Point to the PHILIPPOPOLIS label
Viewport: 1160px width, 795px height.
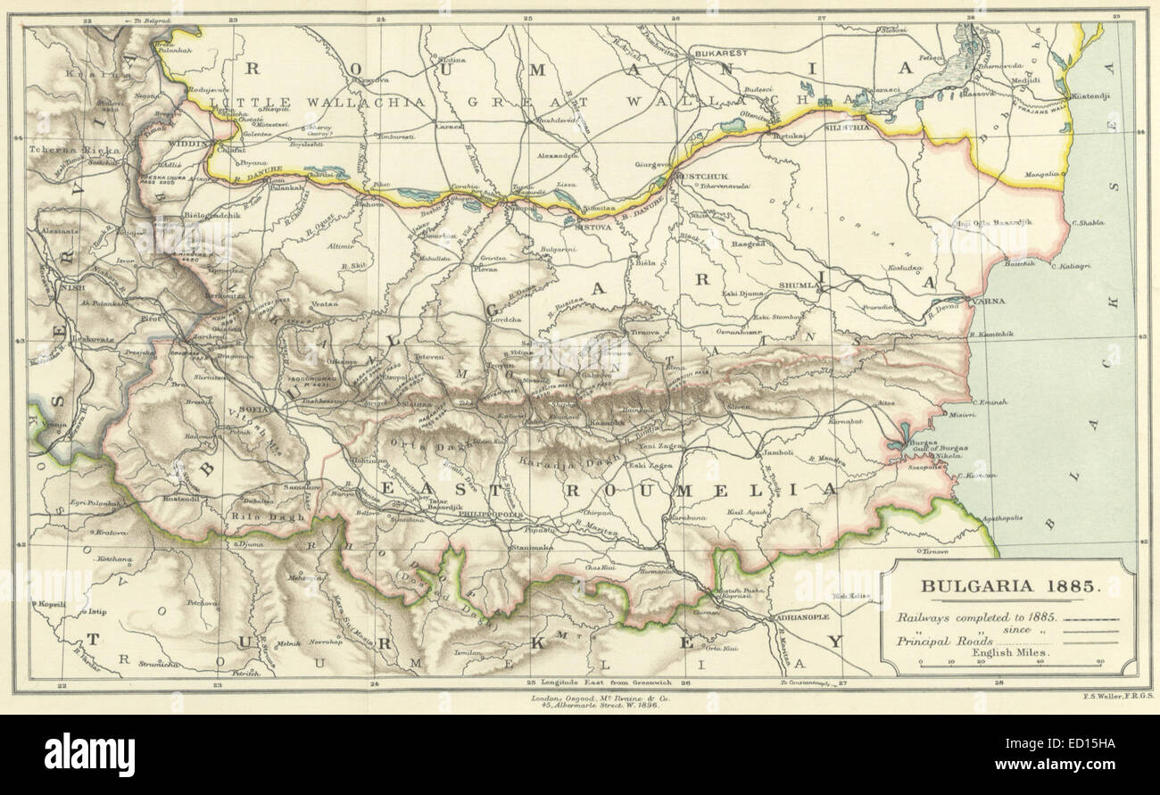[x=487, y=515]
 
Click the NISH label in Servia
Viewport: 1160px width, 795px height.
[x=66, y=288]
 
